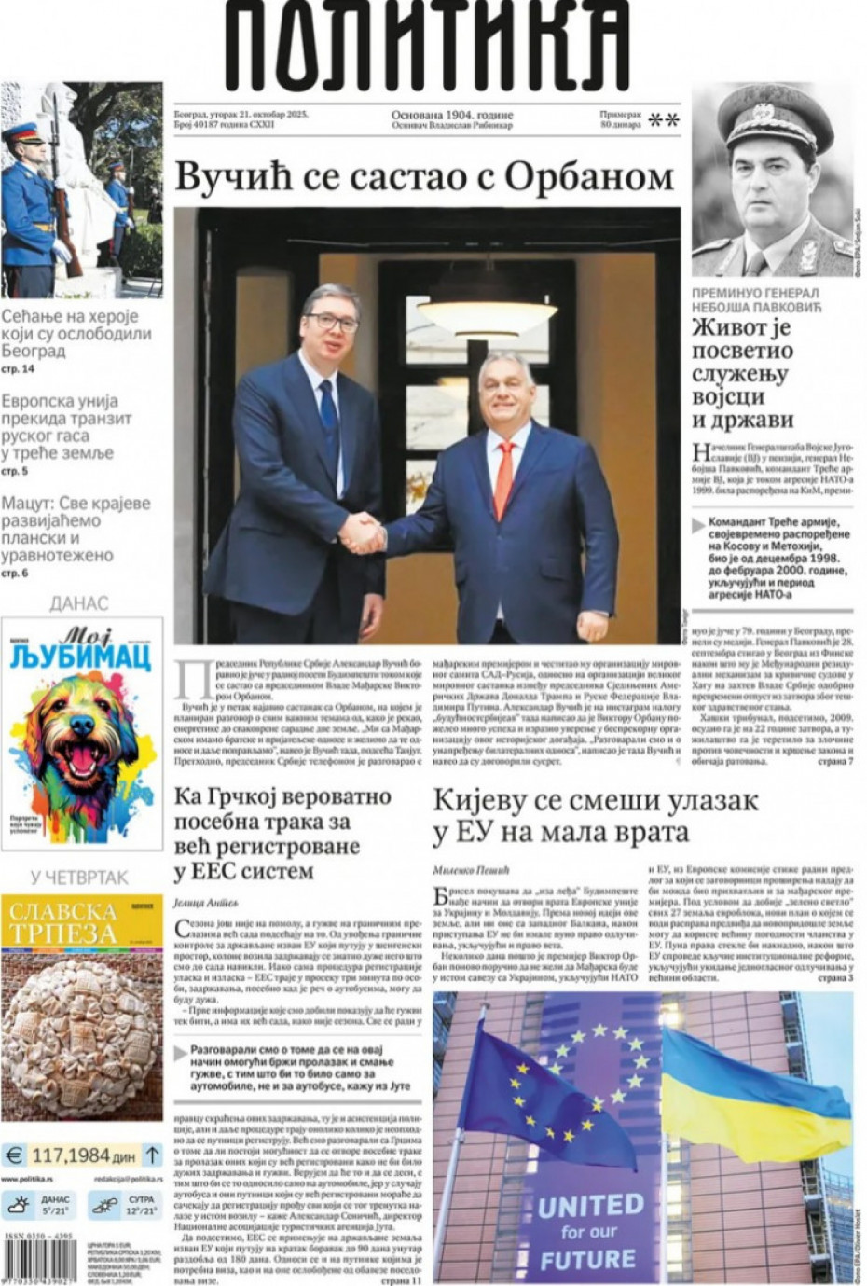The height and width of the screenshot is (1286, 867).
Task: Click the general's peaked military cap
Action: [771, 121]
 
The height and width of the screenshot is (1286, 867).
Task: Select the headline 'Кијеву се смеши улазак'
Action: [596, 800]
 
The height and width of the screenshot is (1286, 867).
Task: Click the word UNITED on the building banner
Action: [590, 1206]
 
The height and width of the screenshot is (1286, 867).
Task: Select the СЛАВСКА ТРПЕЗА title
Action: [63, 922]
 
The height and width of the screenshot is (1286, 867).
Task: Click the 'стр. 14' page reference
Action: [18, 370]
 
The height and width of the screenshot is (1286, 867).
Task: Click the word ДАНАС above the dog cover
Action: [79, 603]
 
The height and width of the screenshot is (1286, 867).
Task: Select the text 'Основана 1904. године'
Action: [452, 116]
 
